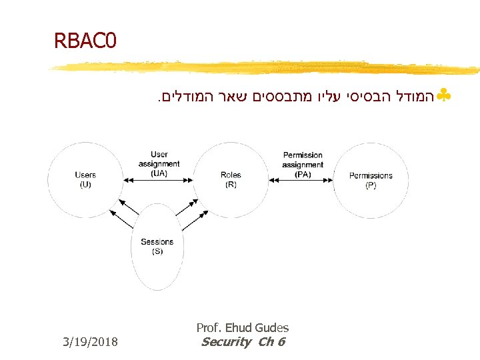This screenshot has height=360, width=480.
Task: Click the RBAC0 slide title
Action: click(85, 41)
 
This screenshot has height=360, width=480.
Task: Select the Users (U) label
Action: click(85, 180)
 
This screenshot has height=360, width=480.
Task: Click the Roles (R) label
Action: click(231, 180)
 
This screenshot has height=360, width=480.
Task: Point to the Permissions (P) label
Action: click(371, 180)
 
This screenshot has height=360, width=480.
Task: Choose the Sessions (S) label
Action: click(157, 247)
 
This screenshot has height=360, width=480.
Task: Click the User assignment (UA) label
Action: click(159, 164)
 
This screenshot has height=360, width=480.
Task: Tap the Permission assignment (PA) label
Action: click(303, 165)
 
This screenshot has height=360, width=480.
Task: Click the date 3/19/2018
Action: click(90, 343)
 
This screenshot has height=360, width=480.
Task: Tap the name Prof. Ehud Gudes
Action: click(242, 327)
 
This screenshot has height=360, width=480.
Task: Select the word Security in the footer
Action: click(225, 342)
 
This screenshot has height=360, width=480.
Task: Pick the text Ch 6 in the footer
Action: click(271, 342)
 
